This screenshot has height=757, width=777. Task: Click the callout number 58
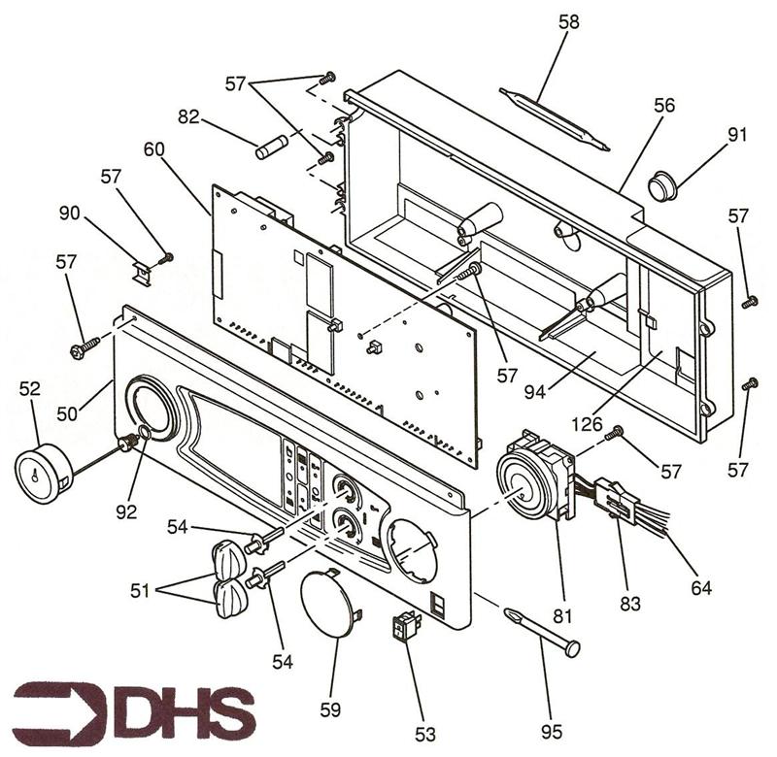tap(569, 21)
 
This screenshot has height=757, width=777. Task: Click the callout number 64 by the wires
tap(700, 587)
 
